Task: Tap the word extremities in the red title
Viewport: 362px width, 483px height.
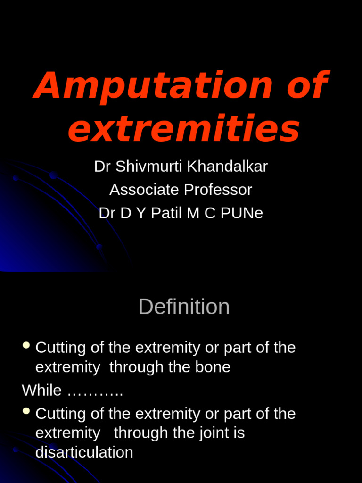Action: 184,128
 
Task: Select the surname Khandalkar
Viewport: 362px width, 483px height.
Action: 228,166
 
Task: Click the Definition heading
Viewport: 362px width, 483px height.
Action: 184,307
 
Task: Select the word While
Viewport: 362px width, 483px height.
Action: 41,391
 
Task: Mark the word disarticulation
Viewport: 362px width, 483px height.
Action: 84,452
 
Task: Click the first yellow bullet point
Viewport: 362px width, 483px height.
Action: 26,346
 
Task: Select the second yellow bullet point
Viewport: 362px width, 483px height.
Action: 26,412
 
